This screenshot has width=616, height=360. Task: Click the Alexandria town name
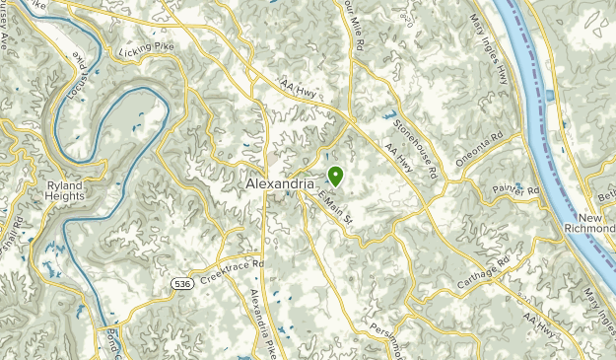point(278,183)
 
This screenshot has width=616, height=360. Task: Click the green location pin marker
point(335,176)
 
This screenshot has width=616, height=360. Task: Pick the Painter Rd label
point(519,190)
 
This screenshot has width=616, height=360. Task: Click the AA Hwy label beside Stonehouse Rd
point(398,159)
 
